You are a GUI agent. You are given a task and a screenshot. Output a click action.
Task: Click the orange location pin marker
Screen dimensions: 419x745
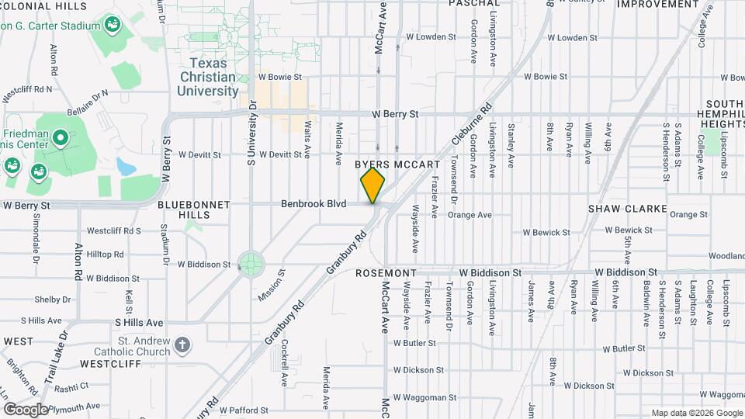coord(372,185)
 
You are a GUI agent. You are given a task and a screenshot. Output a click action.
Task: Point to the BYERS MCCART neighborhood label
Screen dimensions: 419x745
coord(397,165)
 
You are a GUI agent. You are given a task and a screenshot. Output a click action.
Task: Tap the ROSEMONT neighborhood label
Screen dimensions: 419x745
coord(386,273)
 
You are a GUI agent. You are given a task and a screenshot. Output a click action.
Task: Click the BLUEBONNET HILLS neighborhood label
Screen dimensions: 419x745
coord(194,209)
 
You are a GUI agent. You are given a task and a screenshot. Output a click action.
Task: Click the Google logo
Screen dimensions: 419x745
coord(25,410)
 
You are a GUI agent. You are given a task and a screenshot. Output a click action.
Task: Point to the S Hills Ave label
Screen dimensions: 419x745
coord(139,322)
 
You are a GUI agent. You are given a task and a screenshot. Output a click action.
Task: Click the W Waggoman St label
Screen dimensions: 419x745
coord(420,397)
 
